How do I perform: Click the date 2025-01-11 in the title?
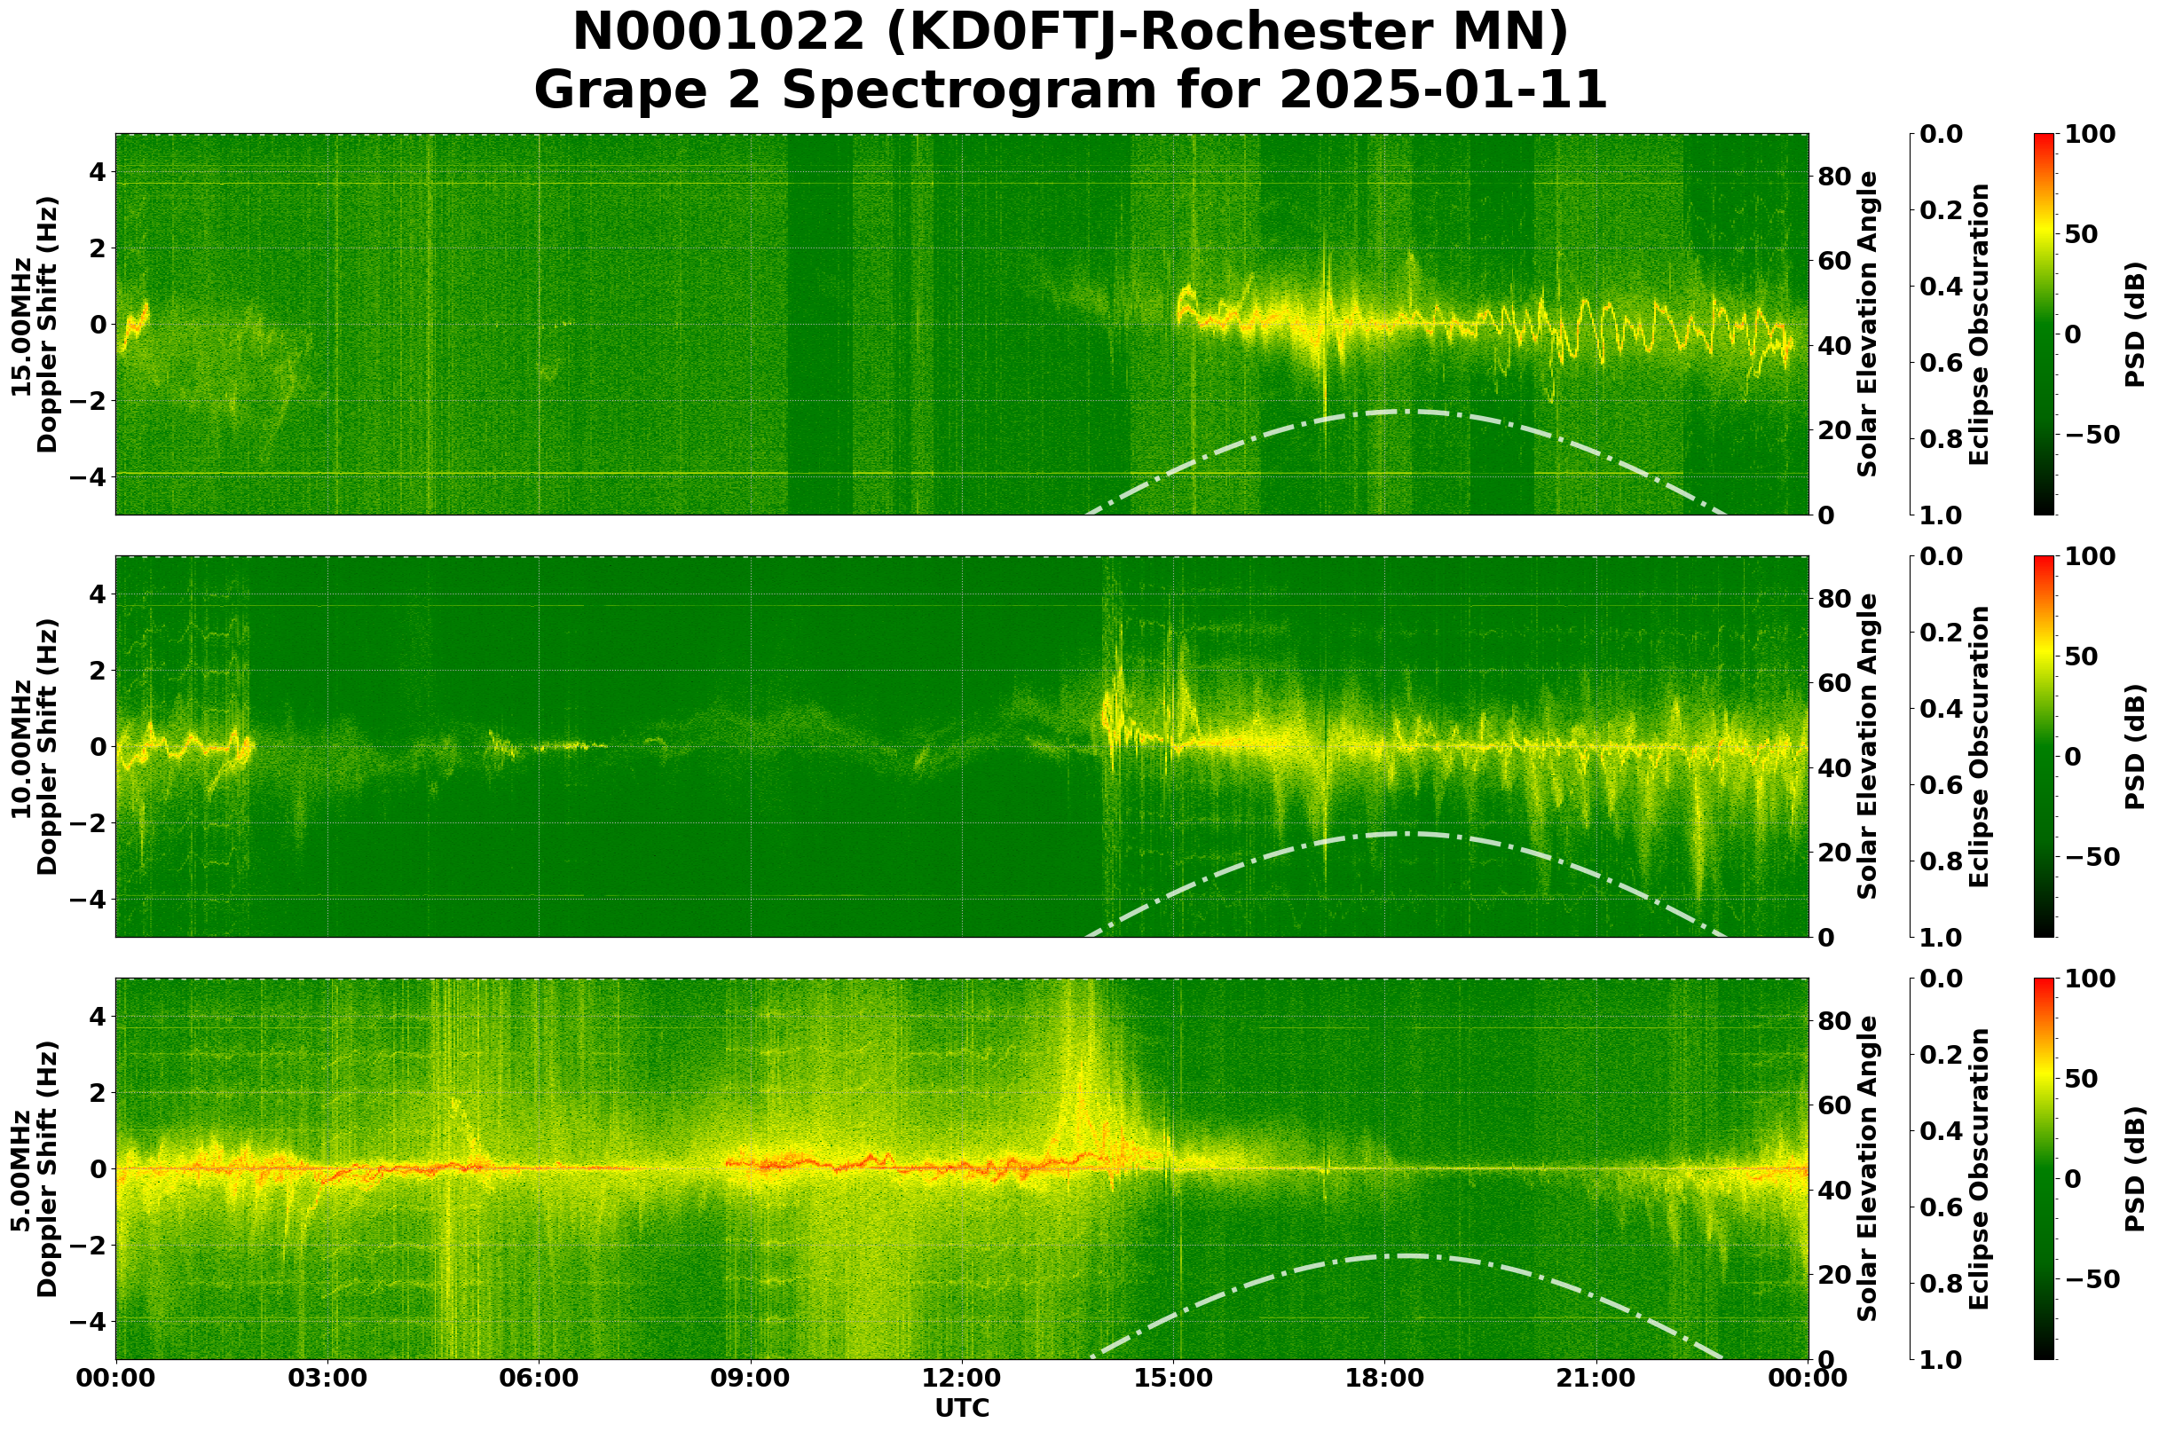point(1442,91)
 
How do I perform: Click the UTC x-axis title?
point(962,1408)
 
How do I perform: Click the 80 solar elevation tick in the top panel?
point(1832,177)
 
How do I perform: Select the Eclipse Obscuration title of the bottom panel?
point(1978,1169)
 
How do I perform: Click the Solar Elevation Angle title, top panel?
point(1868,325)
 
